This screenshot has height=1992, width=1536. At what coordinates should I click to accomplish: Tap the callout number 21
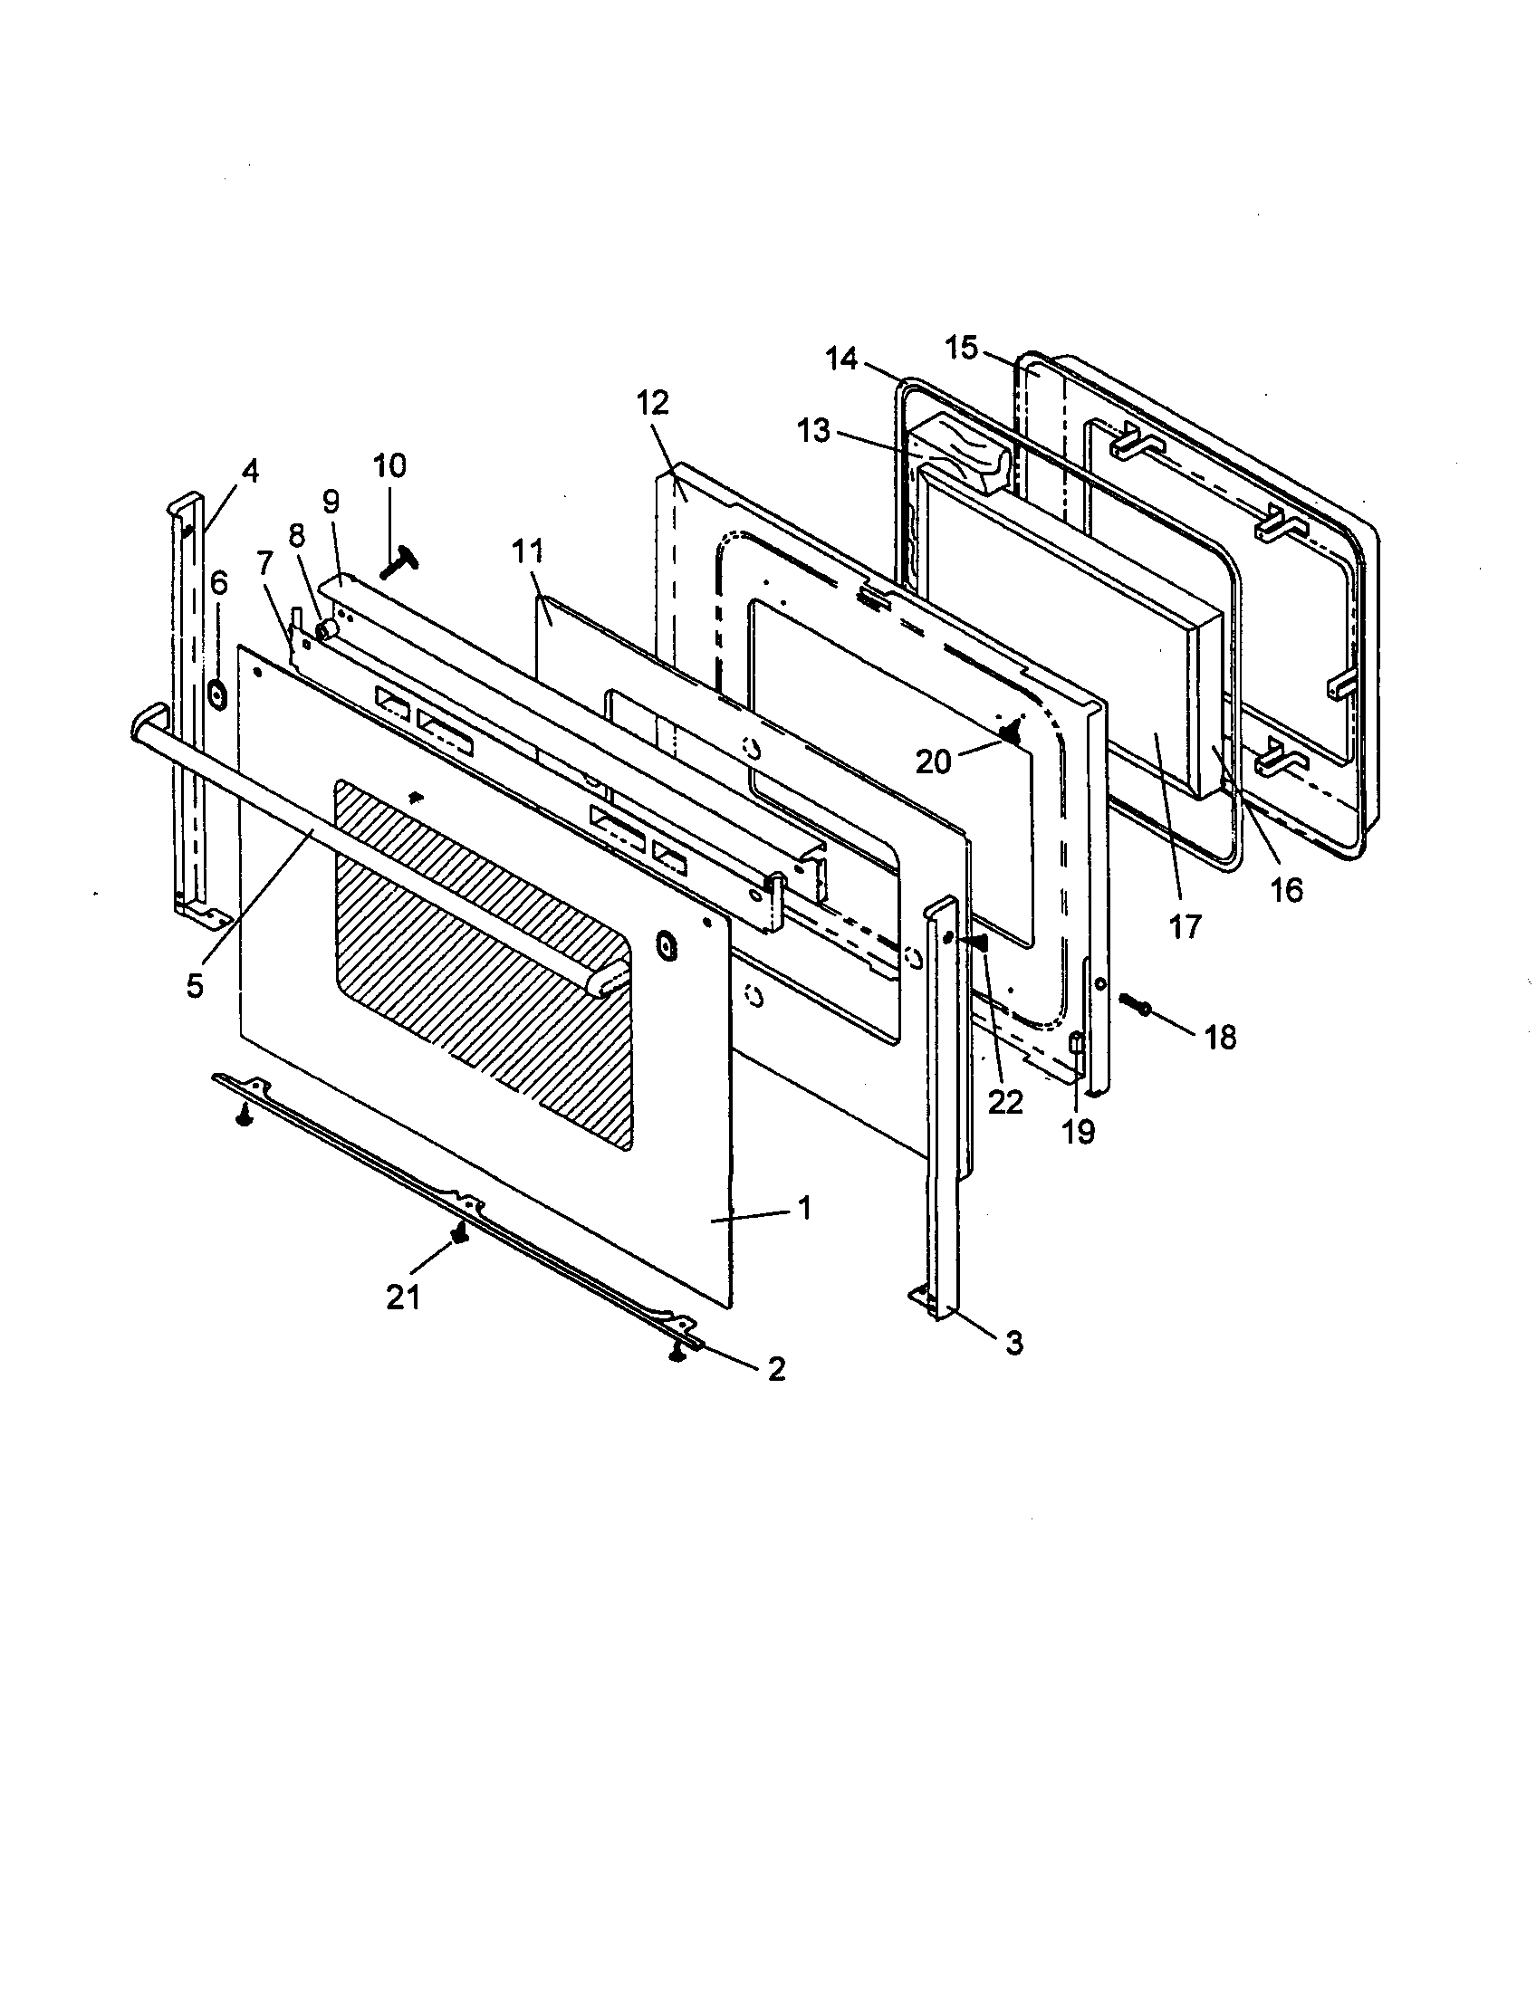pos(404,1296)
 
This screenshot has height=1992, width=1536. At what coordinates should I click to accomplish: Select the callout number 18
pos(1221,1037)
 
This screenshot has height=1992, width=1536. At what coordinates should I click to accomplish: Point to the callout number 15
pos(961,348)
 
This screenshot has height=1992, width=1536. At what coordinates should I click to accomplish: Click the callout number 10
pos(389,466)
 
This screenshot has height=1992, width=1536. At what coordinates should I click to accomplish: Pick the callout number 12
pos(654,402)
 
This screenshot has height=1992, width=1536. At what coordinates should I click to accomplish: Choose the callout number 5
pos(195,987)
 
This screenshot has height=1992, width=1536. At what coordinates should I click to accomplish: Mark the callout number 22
pos(1005,1103)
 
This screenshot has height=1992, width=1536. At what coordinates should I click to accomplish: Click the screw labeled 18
pos(1135,1003)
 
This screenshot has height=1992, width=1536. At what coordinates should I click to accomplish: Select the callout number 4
pos(249,472)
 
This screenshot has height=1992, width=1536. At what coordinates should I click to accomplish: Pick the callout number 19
pos(1077,1132)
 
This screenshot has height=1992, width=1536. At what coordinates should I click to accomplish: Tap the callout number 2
pos(776,1369)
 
